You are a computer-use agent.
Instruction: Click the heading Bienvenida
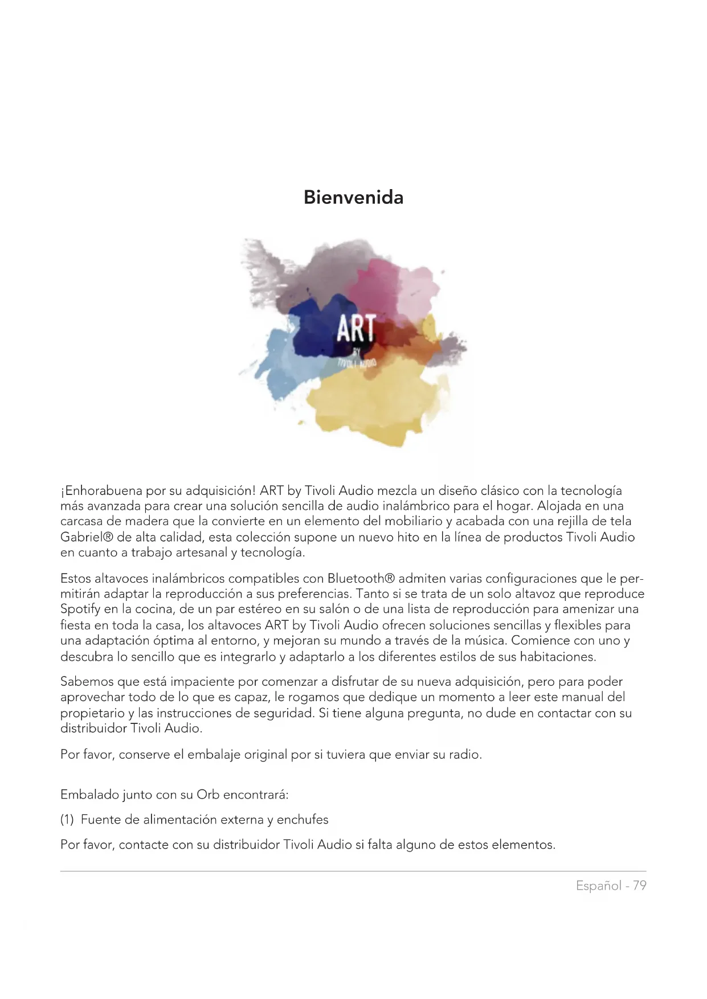353,198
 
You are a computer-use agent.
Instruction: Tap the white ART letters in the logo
355,329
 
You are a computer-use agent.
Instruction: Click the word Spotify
80,609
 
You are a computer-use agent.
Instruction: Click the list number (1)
67,820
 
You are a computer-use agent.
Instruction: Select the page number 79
640,886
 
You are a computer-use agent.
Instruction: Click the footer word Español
598,886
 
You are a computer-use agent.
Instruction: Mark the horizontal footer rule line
353,871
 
